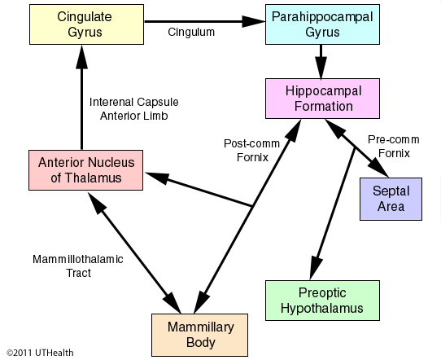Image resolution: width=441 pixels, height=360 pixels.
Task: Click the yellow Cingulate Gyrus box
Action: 86,24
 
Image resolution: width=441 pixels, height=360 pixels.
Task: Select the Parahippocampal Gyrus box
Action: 322,24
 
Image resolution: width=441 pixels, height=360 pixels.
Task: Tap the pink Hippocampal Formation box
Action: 322,99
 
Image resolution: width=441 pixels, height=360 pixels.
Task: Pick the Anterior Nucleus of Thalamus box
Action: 85,170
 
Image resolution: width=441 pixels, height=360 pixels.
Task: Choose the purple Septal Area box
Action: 391,199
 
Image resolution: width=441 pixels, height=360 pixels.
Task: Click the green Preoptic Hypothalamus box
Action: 322,301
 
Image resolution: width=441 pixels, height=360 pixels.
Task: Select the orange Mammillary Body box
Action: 199,335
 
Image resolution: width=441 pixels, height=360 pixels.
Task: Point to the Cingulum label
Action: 191,32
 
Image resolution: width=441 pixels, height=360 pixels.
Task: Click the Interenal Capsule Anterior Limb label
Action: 134,108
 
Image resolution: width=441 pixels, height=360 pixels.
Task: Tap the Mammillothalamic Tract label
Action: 78,266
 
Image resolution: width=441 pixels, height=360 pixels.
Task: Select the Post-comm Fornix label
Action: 251,151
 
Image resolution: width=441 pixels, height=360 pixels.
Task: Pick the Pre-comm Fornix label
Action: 394,147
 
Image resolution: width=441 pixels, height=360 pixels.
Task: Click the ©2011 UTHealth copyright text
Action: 40,353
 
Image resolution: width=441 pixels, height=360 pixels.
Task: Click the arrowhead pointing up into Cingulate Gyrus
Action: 82,57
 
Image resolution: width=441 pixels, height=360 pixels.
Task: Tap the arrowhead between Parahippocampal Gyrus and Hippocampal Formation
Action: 321,67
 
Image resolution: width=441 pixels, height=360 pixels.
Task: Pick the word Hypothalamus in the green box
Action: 322,308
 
